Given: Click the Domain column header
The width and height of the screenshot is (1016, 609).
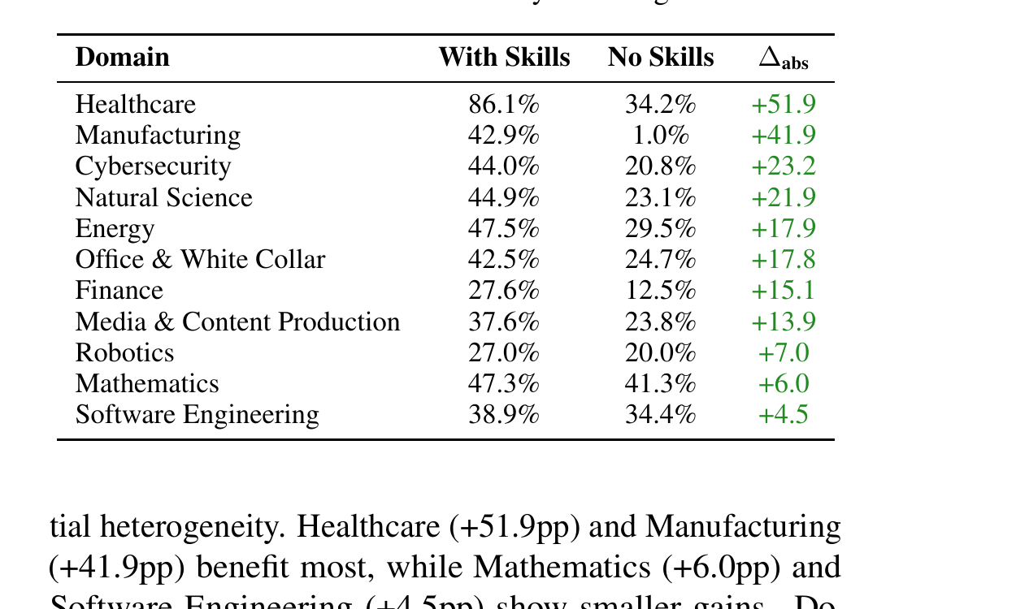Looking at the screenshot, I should point(122,58).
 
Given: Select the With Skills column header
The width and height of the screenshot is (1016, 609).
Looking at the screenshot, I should point(504,58).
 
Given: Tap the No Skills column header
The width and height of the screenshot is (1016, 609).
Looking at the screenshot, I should point(661,58).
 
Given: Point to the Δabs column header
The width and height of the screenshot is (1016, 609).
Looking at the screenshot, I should point(784,58).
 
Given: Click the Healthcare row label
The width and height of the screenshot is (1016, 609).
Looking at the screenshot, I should point(135,105).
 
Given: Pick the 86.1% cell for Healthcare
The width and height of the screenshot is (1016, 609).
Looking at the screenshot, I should point(504,105).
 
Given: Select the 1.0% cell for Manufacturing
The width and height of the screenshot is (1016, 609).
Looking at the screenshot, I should point(661,136).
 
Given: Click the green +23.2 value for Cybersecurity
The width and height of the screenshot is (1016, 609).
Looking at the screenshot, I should point(784,166).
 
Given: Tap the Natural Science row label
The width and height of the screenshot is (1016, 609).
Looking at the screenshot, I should point(163,197).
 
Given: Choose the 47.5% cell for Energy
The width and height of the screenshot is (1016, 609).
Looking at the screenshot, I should point(504,229).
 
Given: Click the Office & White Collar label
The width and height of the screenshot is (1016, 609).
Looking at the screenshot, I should point(200,260).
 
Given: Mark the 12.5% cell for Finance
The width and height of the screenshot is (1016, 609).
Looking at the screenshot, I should point(661,291).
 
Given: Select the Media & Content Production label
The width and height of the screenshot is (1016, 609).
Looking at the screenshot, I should point(237,322).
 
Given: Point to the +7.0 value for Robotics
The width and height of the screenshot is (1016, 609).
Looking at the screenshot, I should point(784,353).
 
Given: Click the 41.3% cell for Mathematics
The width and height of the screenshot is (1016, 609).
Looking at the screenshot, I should point(661,384).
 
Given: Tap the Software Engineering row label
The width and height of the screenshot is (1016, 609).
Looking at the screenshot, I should point(197,415).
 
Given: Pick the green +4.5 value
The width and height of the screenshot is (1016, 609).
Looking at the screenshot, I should point(784,415).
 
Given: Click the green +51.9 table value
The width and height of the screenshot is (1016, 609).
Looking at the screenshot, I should point(784,105).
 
